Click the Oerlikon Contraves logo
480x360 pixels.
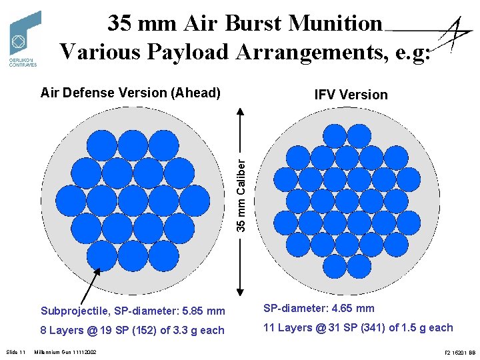(x=25, y=39)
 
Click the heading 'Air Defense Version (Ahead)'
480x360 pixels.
(x=130, y=93)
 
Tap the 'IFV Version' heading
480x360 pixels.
(x=351, y=95)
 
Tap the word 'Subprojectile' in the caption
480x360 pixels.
(x=74, y=311)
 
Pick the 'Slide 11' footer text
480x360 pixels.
(x=15, y=351)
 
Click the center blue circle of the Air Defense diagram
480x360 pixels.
(x=133, y=200)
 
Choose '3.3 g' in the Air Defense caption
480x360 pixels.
(x=185, y=330)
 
